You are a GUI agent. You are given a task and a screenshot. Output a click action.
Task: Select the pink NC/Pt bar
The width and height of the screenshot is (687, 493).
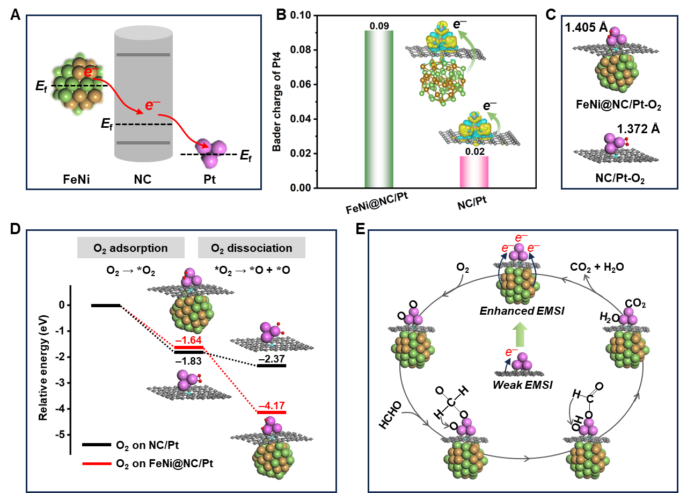pos(474,172)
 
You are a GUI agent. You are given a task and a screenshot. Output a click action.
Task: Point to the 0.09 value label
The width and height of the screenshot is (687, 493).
pos(379,26)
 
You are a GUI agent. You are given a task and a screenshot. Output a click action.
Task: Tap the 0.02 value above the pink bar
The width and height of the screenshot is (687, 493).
pos(474,152)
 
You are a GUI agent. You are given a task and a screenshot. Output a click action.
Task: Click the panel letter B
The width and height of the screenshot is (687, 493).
pos(281,15)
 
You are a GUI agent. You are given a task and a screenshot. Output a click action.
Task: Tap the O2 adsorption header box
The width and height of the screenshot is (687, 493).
pos(131,248)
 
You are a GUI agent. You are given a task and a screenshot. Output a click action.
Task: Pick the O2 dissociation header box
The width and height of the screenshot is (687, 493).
pos(252,248)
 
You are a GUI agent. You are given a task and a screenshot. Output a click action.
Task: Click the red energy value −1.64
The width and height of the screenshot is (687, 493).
pos(188,340)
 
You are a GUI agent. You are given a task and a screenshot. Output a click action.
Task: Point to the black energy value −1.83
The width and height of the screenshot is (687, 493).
pos(188,361)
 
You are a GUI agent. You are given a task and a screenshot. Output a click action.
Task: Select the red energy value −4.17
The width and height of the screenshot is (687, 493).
pos(272,405)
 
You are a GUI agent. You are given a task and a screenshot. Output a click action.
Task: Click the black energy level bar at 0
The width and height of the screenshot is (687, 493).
pos(106,305)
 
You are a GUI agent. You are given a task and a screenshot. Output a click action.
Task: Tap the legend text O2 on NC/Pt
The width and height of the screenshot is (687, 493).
pos(143,445)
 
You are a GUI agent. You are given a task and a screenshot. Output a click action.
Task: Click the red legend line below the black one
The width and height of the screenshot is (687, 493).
pos(97,463)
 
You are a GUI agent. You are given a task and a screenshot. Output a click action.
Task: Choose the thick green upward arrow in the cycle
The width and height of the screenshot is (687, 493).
pos(518,334)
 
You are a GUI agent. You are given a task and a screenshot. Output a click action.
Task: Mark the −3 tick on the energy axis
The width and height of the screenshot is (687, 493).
pos(62,383)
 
